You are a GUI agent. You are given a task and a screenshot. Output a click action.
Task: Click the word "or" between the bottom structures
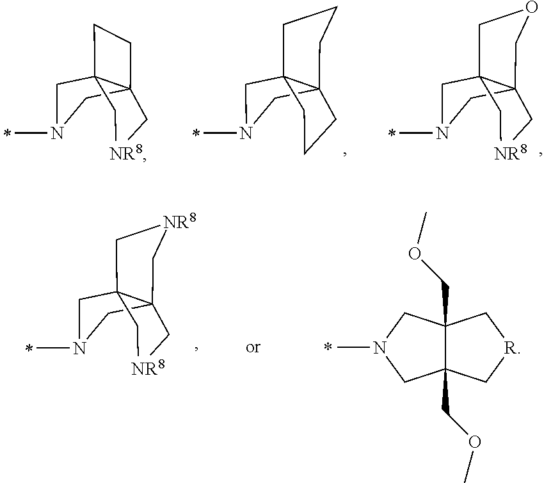pyautogui.click(x=253, y=347)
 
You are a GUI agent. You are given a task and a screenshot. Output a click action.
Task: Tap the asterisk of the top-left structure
pyautogui.click(x=7, y=133)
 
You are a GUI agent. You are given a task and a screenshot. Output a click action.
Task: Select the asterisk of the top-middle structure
pyautogui.click(x=196, y=133)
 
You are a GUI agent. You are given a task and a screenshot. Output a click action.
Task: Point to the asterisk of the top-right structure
pyautogui.click(x=392, y=133)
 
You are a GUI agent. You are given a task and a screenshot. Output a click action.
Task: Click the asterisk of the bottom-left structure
pyautogui.click(x=29, y=348)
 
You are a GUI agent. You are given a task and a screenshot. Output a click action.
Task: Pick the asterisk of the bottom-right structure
pyautogui.click(x=328, y=347)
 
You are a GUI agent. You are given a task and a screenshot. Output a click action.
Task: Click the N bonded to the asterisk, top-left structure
pyautogui.click(x=57, y=133)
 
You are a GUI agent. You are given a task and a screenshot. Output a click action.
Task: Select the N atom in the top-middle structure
pyautogui.click(x=246, y=133)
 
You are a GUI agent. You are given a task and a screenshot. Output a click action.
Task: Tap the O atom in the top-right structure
pyautogui.click(x=532, y=7)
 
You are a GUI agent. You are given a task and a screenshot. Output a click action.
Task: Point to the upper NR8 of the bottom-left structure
pyautogui.click(x=180, y=221)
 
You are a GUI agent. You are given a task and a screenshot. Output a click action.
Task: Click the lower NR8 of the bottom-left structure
pyautogui.click(x=148, y=367)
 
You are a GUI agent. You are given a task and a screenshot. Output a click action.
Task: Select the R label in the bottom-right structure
pyautogui.click(x=510, y=348)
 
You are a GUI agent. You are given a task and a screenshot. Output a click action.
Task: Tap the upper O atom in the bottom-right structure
pyautogui.click(x=415, y=254)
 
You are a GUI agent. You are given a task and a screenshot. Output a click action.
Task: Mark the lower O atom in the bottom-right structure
pyautogui.click(x=475, y=442)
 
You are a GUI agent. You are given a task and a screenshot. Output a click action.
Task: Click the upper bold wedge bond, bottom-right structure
pyautogui.click(x=445, y=303)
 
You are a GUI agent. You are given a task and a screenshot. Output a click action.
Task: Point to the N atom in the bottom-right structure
pyautogui.click(x=380, y=348)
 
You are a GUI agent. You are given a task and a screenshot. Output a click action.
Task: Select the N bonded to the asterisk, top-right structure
pyautogui.click(x=442, y=133)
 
